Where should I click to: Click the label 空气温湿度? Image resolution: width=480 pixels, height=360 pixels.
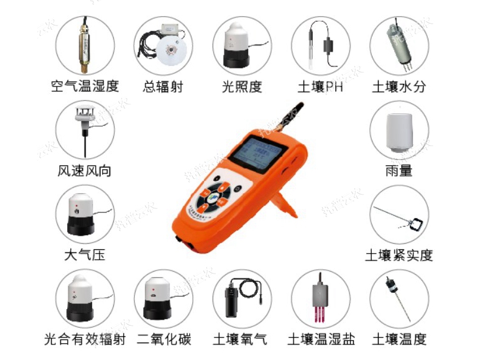pos(85,86)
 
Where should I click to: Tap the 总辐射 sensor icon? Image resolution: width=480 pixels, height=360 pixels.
pos(164,45)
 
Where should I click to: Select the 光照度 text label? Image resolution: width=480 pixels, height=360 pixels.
pos(242,86)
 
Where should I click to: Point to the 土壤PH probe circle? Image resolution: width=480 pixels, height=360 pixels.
pos(321,45)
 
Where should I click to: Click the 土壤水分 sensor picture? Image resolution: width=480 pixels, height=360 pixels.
pos(399,45)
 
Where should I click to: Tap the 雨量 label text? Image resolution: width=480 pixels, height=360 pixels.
pos(399,170)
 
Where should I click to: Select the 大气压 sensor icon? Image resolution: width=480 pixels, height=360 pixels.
pos(85,214)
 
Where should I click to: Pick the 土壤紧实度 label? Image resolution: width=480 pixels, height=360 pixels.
pos(399,255)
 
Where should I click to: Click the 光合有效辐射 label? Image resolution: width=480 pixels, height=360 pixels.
pos(85,339)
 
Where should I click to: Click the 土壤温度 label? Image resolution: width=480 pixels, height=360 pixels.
pos(399,339)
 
